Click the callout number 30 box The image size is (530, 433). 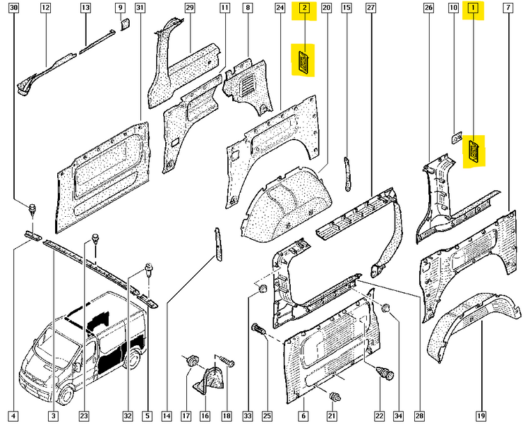click(x=13, y=8)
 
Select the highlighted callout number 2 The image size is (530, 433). click(x=305, y=8)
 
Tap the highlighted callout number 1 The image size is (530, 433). click(x=473, y=8)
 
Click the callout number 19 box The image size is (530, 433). click(x=481, y=416)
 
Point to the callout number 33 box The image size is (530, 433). click(x=248, y=416)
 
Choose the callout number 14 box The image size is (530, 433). click(x=167, y=416)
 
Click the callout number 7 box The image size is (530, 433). click(x=508, y=8)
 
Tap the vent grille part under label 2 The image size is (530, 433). click(x=303, y=61)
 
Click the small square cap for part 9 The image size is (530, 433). click(x=125, y=24)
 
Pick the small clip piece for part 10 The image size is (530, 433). click(x=457, y=137)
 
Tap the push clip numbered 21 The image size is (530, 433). click(x=335, y=396)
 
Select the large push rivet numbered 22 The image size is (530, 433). click(x=386, y=372)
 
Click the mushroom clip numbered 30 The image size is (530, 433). click(x=33, y=210)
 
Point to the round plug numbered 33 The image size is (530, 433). click(x=262, y=289)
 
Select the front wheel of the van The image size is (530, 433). click(x=66, y=394)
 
